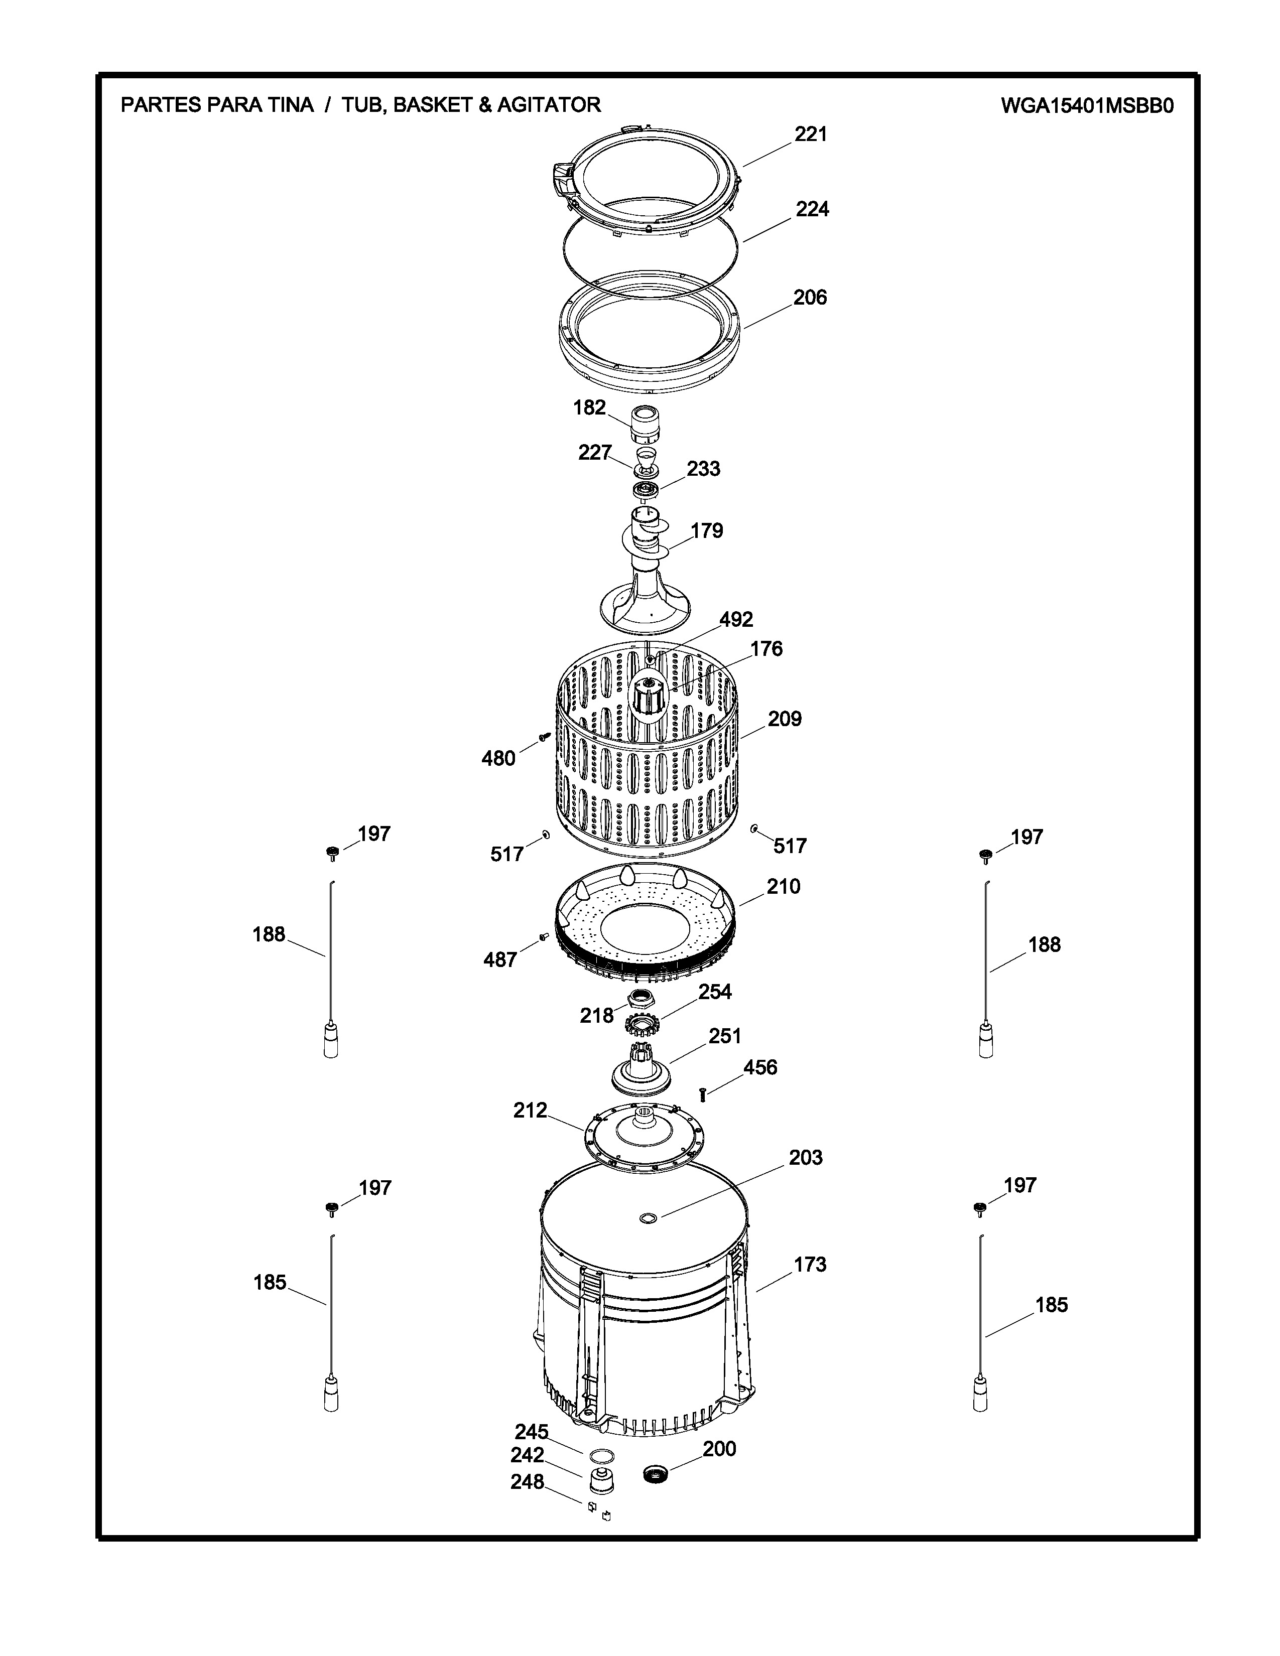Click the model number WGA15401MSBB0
[1087, 105]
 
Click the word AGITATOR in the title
[549, 105]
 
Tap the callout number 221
[811, 134]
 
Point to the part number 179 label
[707, 531]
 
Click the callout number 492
[736, 619]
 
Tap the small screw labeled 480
[544, 736]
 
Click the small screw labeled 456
[703, 1095]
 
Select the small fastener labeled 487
[543, 937]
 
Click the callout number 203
[805, 1158]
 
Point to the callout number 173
[810, 1265]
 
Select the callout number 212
[530, 1111]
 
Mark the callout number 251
[724, 1037]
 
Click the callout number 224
[812, 209]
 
